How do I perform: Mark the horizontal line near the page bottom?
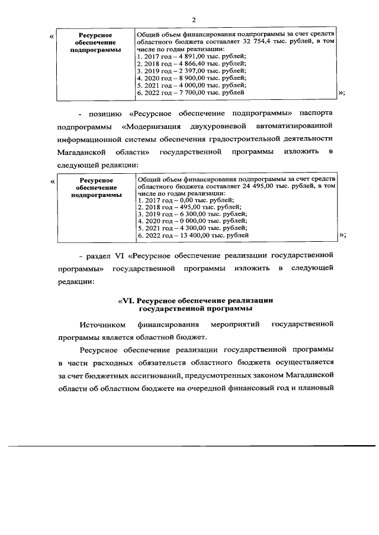click(x=189, y=446)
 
